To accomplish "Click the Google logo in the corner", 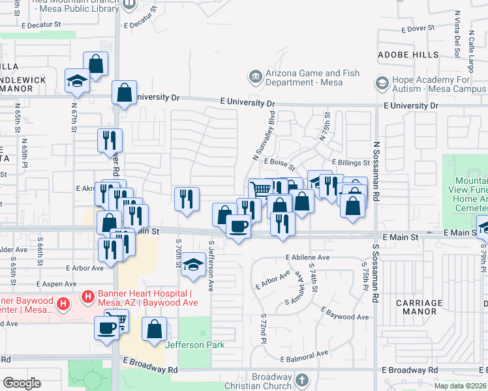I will pyautogui.click(x=22, y=383).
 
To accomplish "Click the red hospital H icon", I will pyautogui.click(x=64, y=304).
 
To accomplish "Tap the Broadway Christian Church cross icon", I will pyautogui.click(x=301, y=379).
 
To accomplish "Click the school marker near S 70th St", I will pyautogui.click(x=193, y=264).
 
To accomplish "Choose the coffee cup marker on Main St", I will pyautogui.click(x=238, y=227).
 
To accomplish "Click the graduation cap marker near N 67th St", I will pyautogui.click(x=77, y=81).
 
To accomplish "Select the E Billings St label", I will pyautogui.click(x=350, y=162).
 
